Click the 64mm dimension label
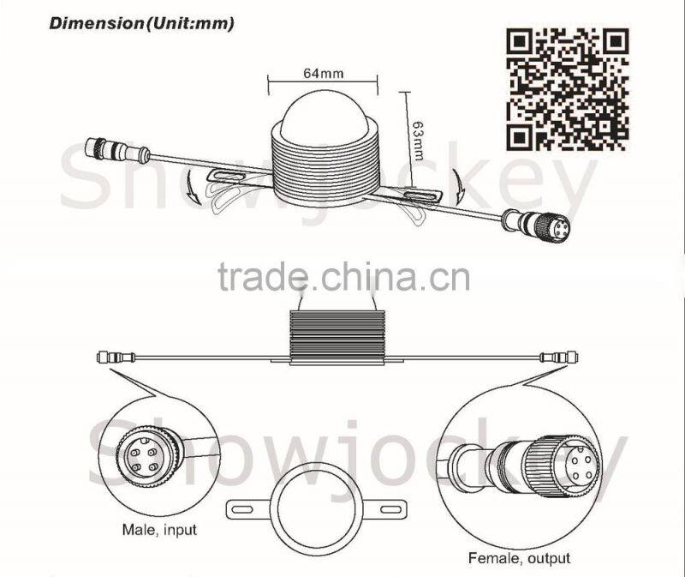click(x=324, y=73)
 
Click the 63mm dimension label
click(x=419, y=140)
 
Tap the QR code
click(x=567, y=90)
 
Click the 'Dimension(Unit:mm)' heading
click(x=141, y=23)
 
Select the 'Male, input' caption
click(x=159, y=530)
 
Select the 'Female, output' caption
click(x=519, y=558)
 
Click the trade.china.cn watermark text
click(x=344, y=276)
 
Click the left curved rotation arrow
click(x=192, y=187)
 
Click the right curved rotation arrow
click(x=459, y=186)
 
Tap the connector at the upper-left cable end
click(x=117, y=149)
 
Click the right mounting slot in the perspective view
click(x=420, y=195)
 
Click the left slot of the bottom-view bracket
click(x=241, y=509)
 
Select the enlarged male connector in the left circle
click(x=148, y=457)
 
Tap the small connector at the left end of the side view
click(x=116, y=358)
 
